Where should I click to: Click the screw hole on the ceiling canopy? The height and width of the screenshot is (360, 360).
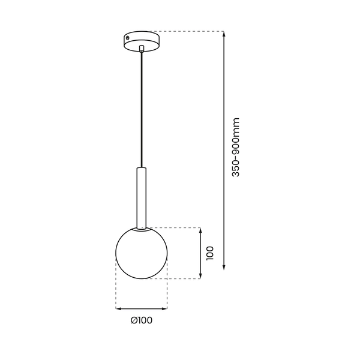click(127, 38)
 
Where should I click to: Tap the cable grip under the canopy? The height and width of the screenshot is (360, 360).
click(141, 49)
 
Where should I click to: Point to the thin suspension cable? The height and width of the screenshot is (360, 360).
click(141, 108)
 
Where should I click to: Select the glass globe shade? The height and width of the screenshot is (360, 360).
click(141, 254)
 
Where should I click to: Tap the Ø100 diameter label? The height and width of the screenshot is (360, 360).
click(141, 320)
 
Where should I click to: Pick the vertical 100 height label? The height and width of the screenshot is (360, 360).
click(209, 253)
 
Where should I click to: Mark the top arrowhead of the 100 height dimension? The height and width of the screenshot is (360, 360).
click(200, 230)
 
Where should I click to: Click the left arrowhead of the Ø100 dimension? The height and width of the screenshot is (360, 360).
click(118, 308)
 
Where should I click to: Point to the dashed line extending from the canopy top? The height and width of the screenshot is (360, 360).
click(186, 31)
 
